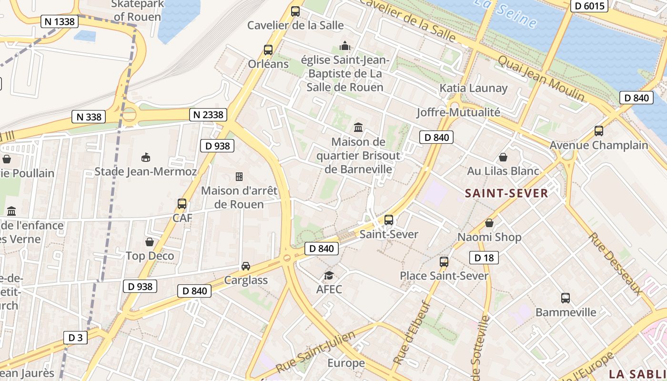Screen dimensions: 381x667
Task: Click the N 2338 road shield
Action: [x=208, y=115]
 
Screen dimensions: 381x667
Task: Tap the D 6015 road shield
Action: [x=589, y=6]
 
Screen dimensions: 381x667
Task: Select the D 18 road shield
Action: [x=484, y=258]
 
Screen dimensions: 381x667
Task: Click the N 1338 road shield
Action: [x=60, y=21]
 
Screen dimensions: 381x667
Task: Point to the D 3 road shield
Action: [x=75, y=338]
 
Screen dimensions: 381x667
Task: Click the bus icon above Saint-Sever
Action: [x=389, y=220]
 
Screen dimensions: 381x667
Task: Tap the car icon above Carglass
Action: [x=246, y=266]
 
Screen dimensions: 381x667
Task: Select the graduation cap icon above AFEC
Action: [x=329, y=276]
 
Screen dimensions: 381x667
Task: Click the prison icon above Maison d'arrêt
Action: [x=239, y=177]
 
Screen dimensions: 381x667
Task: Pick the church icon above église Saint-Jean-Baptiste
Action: [x=344, y=46]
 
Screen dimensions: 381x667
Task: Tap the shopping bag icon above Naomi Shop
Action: [x=489, y=223]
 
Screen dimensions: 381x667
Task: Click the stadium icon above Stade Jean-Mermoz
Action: [x=146, y=158]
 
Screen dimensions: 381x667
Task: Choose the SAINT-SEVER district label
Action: [x=506, y=193]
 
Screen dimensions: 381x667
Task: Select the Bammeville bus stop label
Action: [x=566, y=312]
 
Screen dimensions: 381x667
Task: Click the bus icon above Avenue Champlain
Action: [x=599, y=131]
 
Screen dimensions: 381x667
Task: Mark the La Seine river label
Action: [x=506, y=14]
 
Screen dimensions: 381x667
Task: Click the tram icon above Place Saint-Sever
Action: [x=444, y=262]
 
